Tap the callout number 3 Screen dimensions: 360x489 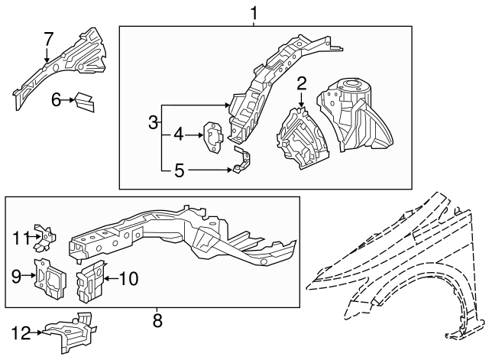point(154,122)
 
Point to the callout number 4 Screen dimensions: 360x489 point(178,135)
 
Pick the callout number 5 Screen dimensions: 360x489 point(179,170)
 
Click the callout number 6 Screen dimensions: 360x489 point(56,99)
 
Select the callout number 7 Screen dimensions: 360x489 point(48,38)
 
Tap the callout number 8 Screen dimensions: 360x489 point(157,321)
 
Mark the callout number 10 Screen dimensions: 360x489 point(128,279)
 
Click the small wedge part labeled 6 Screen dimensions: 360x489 point(84,100)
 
